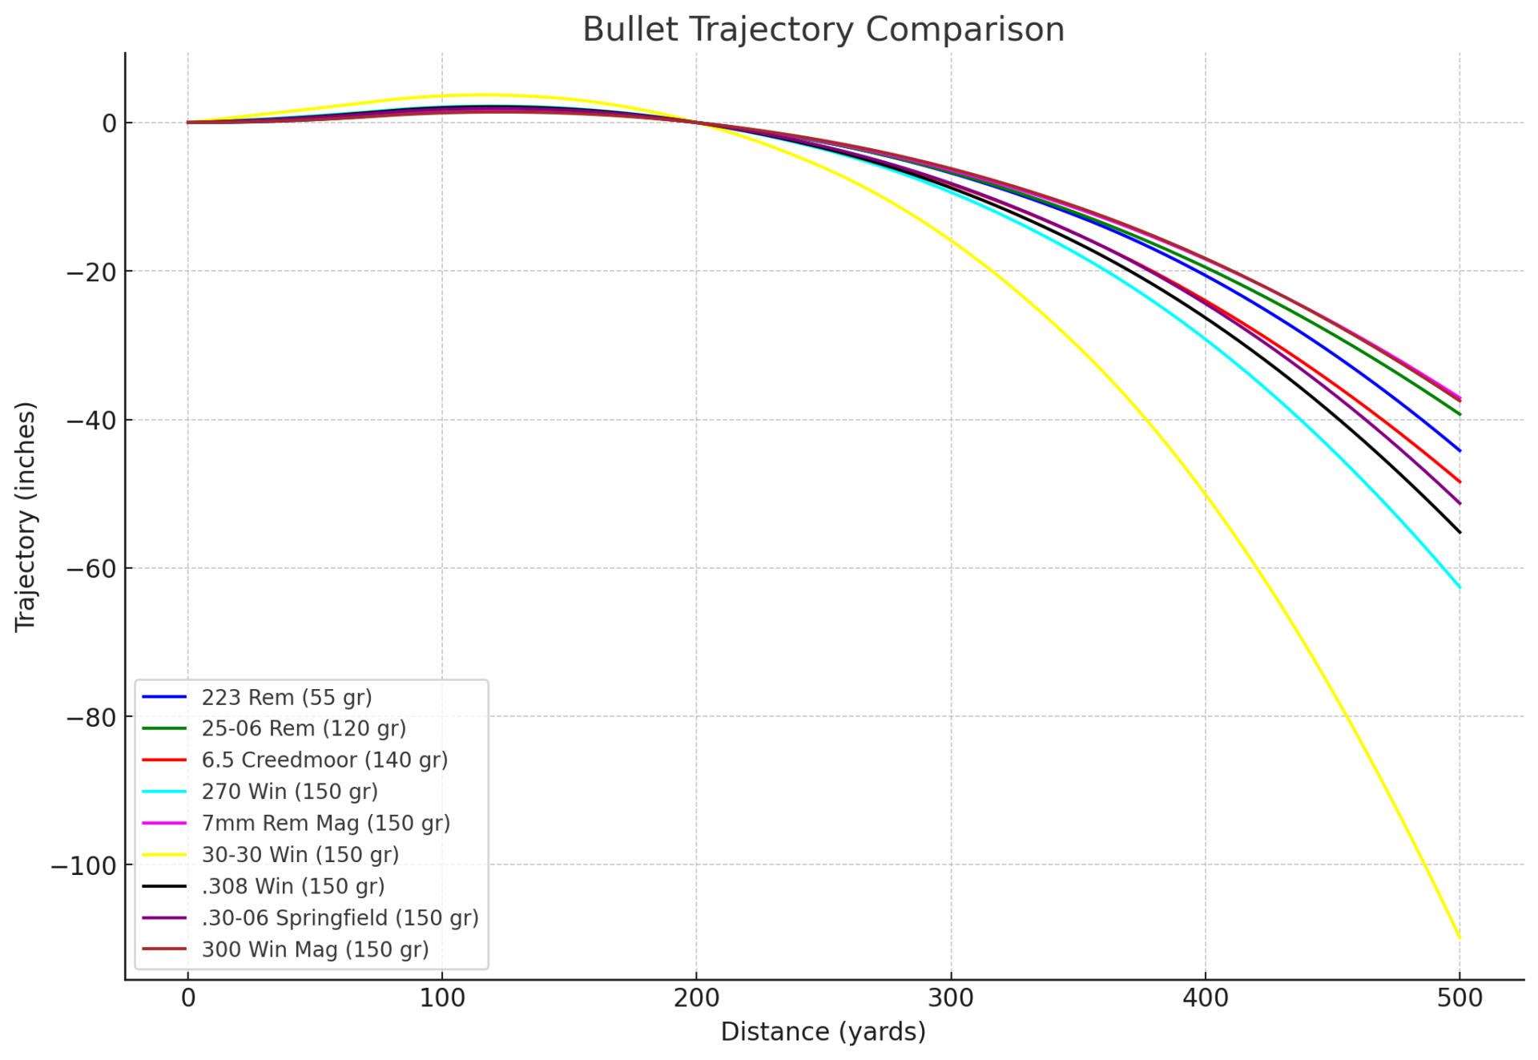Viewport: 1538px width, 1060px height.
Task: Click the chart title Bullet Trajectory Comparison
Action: tap(823, 30)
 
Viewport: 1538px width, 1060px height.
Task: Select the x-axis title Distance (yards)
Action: tap(823, 1031)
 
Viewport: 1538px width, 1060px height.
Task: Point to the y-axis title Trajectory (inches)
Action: tap(26, 517)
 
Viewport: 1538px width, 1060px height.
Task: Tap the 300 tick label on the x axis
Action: tap(951, 998)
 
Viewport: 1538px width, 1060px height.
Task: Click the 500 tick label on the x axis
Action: tap(1459, 998)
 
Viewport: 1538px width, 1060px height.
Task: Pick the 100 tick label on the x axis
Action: tap(442, 998)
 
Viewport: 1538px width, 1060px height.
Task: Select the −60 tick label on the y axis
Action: tap(91, 569)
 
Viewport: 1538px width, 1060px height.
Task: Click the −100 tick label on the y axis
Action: tap(83, 866)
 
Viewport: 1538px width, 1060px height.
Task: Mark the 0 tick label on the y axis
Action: tap(109, 123)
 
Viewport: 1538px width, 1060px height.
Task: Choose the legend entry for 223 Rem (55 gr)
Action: tap(287, 697)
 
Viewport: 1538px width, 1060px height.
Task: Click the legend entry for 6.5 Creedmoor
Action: tap(324, 760)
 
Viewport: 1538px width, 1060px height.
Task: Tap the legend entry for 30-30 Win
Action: tap(300, 854)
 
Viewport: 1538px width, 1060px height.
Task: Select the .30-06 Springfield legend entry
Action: tap(340, 917)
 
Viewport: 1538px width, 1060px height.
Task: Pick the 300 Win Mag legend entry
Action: tap(315, 949)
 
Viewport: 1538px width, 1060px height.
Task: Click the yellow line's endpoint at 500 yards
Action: tap(1459, 937)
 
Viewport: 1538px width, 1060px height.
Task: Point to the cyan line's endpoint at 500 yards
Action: tap(1459, 587)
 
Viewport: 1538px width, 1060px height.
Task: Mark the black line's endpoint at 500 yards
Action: tap(1459, 532)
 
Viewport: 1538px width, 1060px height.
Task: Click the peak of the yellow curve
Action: tap(478, 95)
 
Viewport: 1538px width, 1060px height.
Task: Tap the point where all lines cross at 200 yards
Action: tap(696, 123)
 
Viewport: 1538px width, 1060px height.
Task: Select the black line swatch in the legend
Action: tap(164, 886)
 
